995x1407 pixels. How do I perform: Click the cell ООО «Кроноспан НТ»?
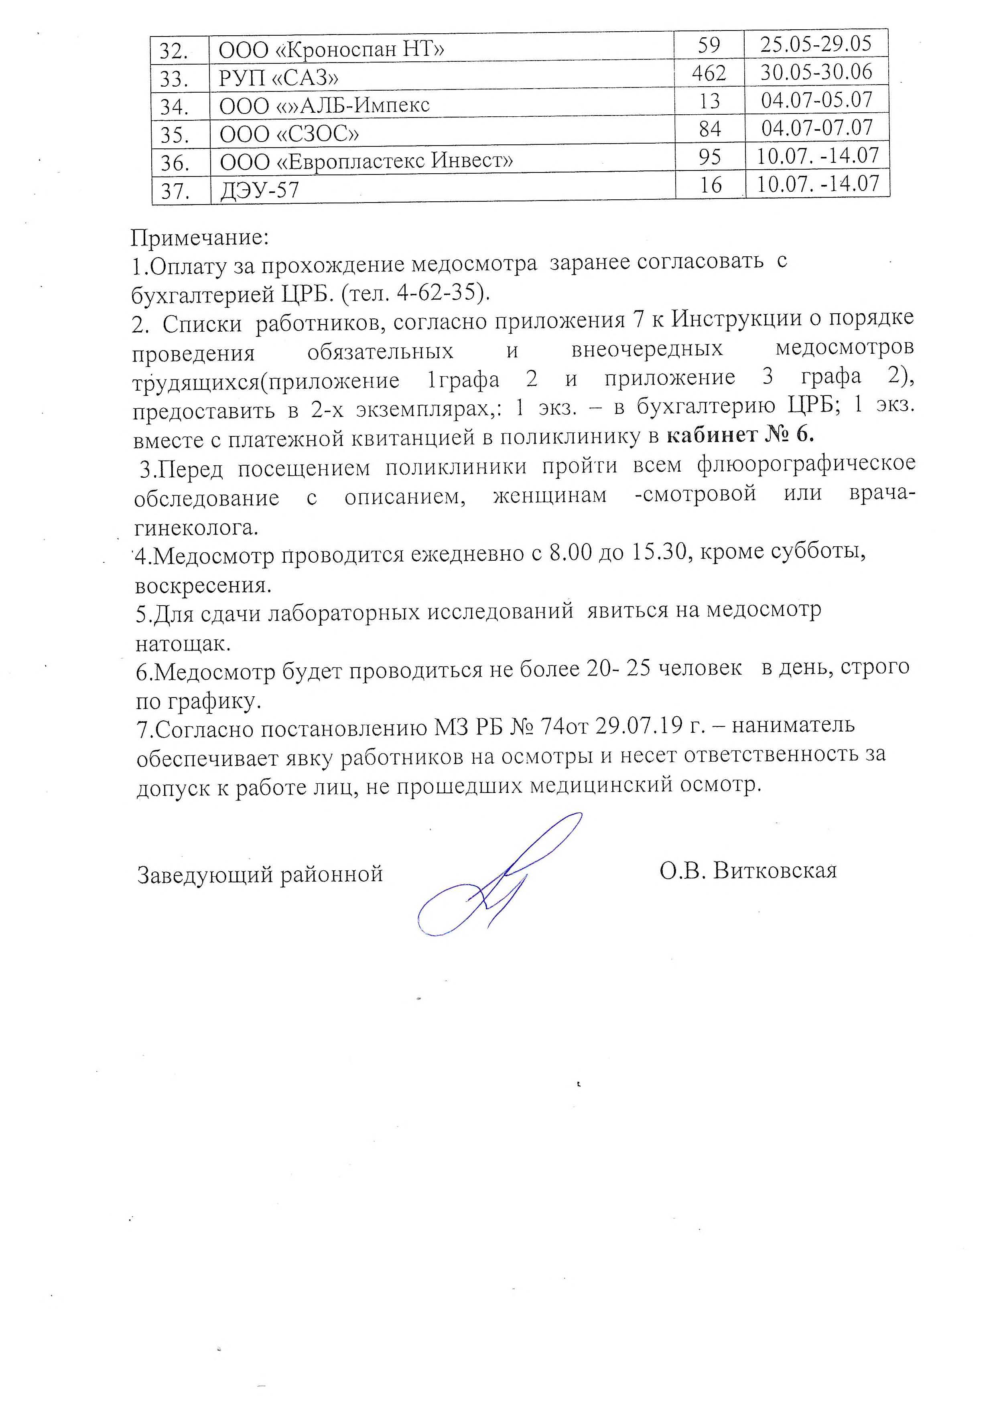(331, 48)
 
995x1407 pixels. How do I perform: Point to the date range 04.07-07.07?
(817, 128)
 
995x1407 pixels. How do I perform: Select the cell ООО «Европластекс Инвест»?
(366, 161)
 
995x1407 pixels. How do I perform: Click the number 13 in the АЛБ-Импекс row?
(709, 101)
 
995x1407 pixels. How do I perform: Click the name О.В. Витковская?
(748, 870)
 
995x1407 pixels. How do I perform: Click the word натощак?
(183, 643)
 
